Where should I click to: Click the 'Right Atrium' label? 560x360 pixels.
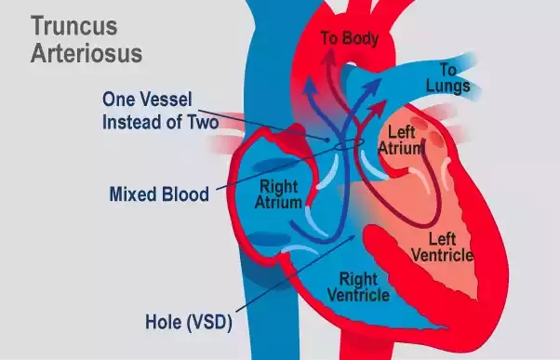pos(279,194)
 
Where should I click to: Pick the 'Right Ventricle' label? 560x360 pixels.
pos(360,287)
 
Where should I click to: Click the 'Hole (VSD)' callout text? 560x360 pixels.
pos(188,324)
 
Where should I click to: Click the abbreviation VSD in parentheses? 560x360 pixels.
pos(211,324)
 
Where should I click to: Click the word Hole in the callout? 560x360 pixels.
pos(165,324)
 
